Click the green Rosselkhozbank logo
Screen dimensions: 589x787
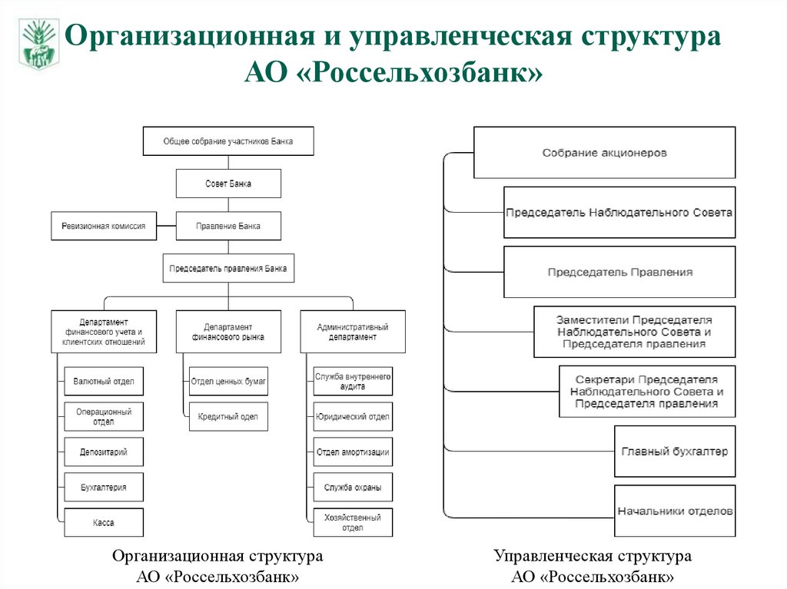click(x=38, y=45)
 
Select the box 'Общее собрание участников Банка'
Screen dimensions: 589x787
click(x=228, y=141)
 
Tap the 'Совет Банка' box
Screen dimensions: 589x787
click(x=228, y=184)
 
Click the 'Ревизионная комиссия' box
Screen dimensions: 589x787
click(x=104, y=227)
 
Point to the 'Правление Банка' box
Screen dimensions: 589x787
click(x=228, y=227)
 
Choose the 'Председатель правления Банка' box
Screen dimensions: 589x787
click(x=228, y=269)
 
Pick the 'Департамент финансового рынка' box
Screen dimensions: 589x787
click(x=228, y=332)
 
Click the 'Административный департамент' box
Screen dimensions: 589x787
click(x=353, y=332)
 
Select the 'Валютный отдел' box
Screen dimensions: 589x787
click(x=104, y=381)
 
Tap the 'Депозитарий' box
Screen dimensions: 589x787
click(x=104, y=452)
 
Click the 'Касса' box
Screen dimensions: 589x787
click(x=104, y=523)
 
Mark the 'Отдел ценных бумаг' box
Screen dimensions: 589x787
click(x=228, y=381)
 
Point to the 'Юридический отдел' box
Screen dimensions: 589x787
click(x=353, y=417)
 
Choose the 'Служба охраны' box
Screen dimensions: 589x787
click(x=353, y=488)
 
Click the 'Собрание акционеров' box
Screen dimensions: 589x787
click(x=604, y=153)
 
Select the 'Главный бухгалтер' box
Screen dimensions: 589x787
click(x=675, y=452)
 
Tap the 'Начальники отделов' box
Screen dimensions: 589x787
click(x=675, y=511)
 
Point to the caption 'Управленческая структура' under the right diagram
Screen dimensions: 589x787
click(x=593, y=555)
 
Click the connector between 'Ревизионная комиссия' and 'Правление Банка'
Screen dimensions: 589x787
click(x=166, y=227)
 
